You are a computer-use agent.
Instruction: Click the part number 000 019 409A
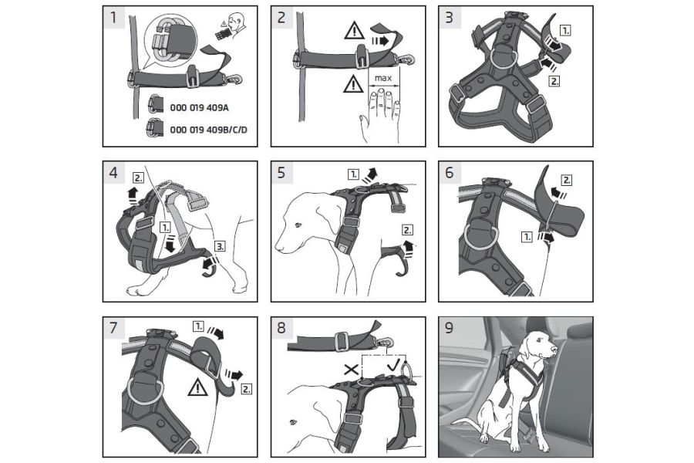click(x=199, y=108)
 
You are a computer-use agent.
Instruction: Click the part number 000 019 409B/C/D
click(x=208, y=130)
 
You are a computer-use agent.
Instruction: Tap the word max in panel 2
click(x=383, y=79)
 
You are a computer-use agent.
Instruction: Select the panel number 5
click(x=281, y=173)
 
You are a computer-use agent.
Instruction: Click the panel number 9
click(x=450, y=328)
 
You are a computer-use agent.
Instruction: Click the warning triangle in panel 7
click(x=197, y=387)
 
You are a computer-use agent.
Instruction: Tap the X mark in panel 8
click(x=352, y=369)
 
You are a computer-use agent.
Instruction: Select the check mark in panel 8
click(x=393, y=366)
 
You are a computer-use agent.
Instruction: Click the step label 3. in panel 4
click(x=220, y=246)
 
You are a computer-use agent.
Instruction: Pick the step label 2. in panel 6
click(x=567, y=180)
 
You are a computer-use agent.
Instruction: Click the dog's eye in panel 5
click(x=298, y=225)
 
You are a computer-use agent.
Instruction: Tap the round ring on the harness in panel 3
click(x=504, y=55)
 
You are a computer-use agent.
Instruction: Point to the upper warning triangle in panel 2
click(x=354, y=32)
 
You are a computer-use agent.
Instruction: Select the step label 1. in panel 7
click(x=198, y=326)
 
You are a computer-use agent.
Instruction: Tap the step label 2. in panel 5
click(x=407, y=230)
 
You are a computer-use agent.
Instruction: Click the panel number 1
click(x=113, y=18)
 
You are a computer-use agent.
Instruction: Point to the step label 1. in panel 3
click(x=565, y=31)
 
